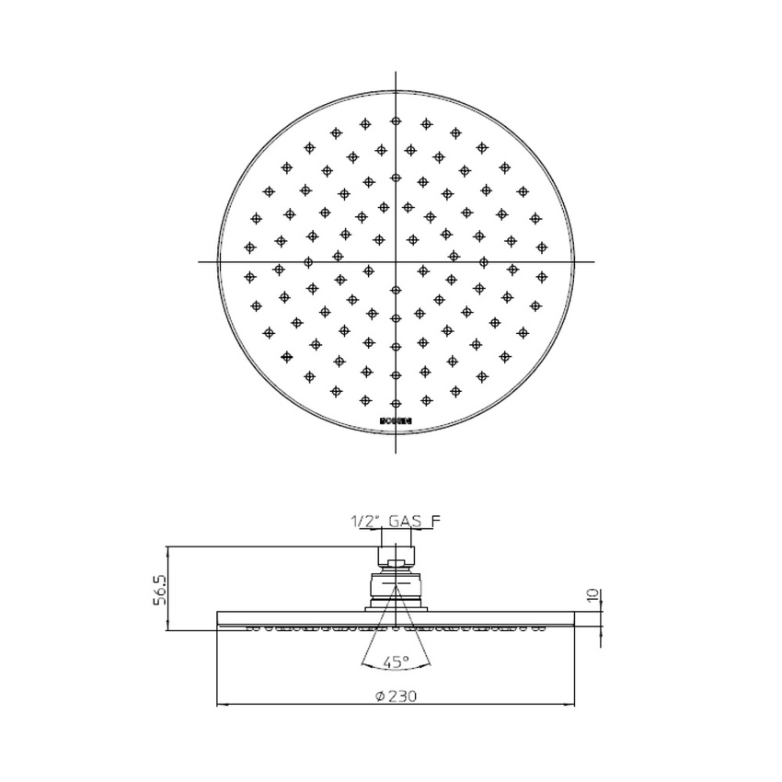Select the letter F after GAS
pyautogui.click(x=436, y=522)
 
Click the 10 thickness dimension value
pyautogui.click(x=593, y=595)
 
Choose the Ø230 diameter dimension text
pyautogui.click(x=397, y=696)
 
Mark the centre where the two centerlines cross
pyautogui.click(x=396, y=262)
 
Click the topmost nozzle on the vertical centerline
pyautogui.click(x=396, y=121)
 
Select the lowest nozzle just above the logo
pyautogui.click(x=396, y=402)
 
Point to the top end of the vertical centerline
pyautogui.click(x=396, y=72)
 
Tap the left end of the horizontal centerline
pyautogui.click(x=200, y=262)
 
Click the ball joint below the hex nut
pyautogui.click(x=397, y=585)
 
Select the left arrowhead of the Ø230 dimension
pyautogui.click(x=220, y=706)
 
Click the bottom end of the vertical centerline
pyautogui.click(x=396, y=452)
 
